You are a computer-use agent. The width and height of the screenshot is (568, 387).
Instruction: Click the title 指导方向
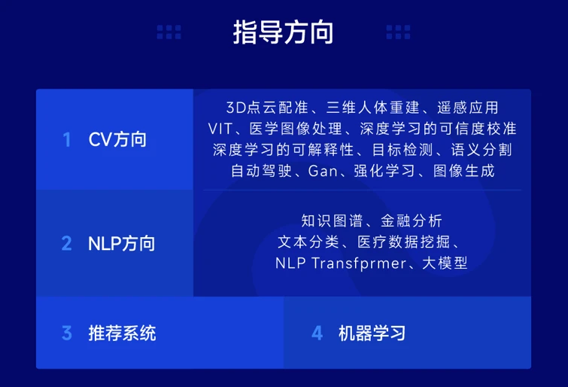coord(283,32)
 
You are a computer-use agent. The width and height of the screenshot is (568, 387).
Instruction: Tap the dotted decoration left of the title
coord(169,32)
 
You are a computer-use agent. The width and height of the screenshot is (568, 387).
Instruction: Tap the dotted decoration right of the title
coord(398,32)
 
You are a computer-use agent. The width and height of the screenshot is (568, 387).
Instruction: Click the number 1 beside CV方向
coord(67,139)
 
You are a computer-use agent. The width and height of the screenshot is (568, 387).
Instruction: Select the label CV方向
coord(117,139)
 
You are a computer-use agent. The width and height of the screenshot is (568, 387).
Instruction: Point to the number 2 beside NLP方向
coord(67,243)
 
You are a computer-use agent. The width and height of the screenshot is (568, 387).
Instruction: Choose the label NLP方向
coord(122,243)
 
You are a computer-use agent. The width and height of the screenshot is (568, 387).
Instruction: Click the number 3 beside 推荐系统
coord(67,333)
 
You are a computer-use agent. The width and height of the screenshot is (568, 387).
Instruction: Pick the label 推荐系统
coord(123,333)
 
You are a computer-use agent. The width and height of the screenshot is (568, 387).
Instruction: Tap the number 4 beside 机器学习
coord(317,333)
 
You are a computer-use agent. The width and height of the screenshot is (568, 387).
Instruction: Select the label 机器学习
coord(372,333)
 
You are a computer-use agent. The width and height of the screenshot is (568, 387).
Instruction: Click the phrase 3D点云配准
coord(267,108)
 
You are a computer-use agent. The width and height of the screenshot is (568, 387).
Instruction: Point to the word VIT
coord(220,129)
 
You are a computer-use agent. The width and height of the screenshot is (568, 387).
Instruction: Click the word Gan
coord(323,171)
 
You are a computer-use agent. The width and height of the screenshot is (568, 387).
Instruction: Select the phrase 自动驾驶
coord(262,171)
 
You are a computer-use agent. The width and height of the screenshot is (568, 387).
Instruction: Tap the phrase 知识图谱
coord(332,221)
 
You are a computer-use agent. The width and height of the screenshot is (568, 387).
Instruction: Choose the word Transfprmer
coord(359,264)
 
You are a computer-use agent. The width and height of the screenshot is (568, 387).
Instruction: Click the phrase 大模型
coord(445,263)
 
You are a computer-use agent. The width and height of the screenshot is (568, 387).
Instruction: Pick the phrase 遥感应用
coord(468,108)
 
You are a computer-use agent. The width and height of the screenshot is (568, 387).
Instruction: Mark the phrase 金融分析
coord(412,221)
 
